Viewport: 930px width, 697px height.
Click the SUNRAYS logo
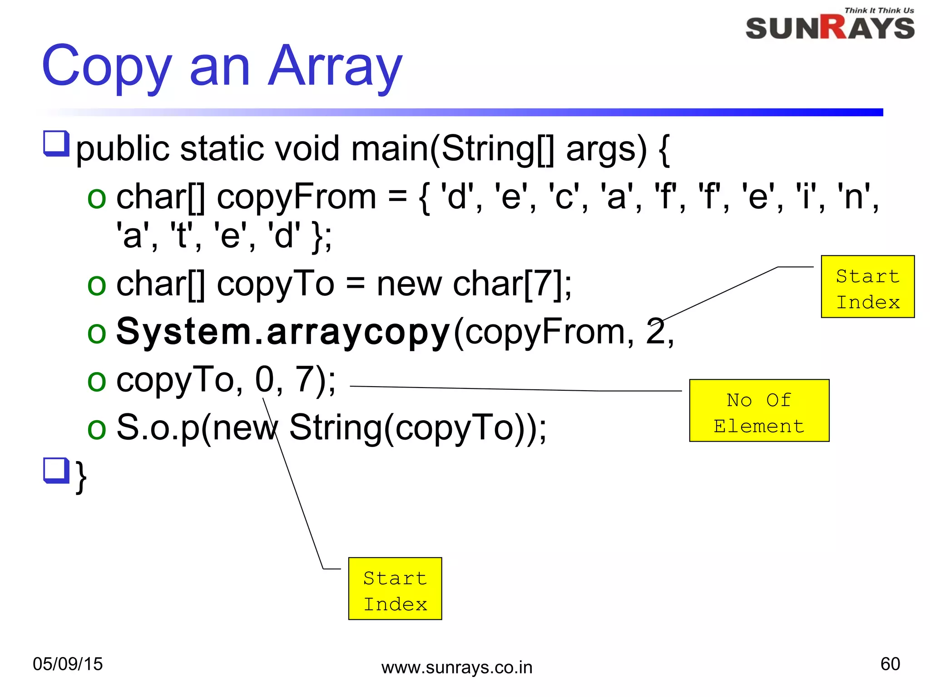(830, 28)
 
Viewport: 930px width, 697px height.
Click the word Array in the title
(335, 67)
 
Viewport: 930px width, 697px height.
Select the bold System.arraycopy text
(283, 332)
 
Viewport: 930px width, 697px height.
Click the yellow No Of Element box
(759, 411)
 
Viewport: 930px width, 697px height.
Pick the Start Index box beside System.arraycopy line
(867, 287)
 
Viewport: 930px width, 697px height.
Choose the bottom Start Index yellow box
(395, 589)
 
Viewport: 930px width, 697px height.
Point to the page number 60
(890, 664)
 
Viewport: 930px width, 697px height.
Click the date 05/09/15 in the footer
(68, 664)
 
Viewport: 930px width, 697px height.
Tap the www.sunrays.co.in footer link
(457, 668)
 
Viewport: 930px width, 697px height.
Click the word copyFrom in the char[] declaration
(296, 198)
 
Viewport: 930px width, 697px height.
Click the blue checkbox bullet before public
(56, 143)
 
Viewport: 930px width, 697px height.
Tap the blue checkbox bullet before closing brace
(56, 471)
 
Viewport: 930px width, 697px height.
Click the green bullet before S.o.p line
(97, 429)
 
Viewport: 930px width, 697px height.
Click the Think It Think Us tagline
(879, 10)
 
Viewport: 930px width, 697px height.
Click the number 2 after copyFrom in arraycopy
(655, 332)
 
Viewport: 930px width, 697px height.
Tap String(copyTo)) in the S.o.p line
(417, 428)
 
